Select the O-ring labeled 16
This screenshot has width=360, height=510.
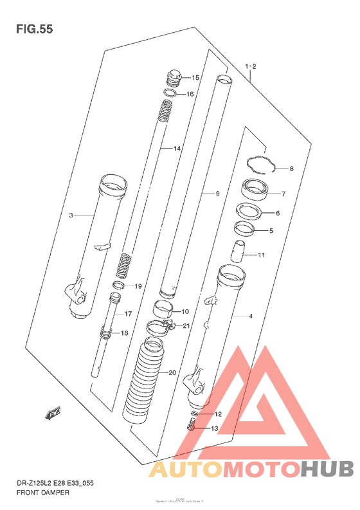click(x=169, y=94)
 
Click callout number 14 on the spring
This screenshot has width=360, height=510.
click(x=177, y=149)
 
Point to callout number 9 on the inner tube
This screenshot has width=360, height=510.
click(x=217, y=193)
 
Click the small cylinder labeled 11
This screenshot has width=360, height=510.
click(x=239, y=249)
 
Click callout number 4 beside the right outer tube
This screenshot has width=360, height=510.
click(x=251, y=316)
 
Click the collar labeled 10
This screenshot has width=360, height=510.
click(x=164, y=309)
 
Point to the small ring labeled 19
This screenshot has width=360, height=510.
click(x=119, y=285)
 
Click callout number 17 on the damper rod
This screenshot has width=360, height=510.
click(x=127, y=314)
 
